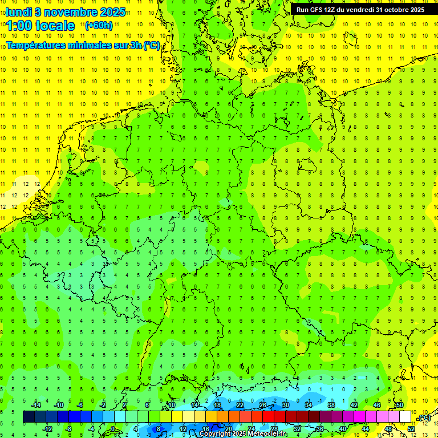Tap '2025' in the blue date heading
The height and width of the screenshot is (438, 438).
(112, 11)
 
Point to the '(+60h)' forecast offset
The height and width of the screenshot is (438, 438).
(99, 25)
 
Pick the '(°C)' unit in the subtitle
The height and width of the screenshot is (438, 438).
(152, 45)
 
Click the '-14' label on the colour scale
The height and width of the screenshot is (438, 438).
(35, 405)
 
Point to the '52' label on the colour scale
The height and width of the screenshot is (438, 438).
(411, 429)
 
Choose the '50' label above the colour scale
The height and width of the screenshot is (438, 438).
(399, 405)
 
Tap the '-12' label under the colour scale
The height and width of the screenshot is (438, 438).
(47, 429)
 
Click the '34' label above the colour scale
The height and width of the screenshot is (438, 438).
(308, 405)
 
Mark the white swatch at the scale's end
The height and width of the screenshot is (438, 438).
(405, 417)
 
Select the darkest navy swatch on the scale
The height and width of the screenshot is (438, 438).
(29, 417)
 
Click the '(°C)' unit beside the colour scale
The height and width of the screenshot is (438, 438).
(424, 417)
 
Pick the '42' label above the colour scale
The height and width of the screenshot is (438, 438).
(354, 405)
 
